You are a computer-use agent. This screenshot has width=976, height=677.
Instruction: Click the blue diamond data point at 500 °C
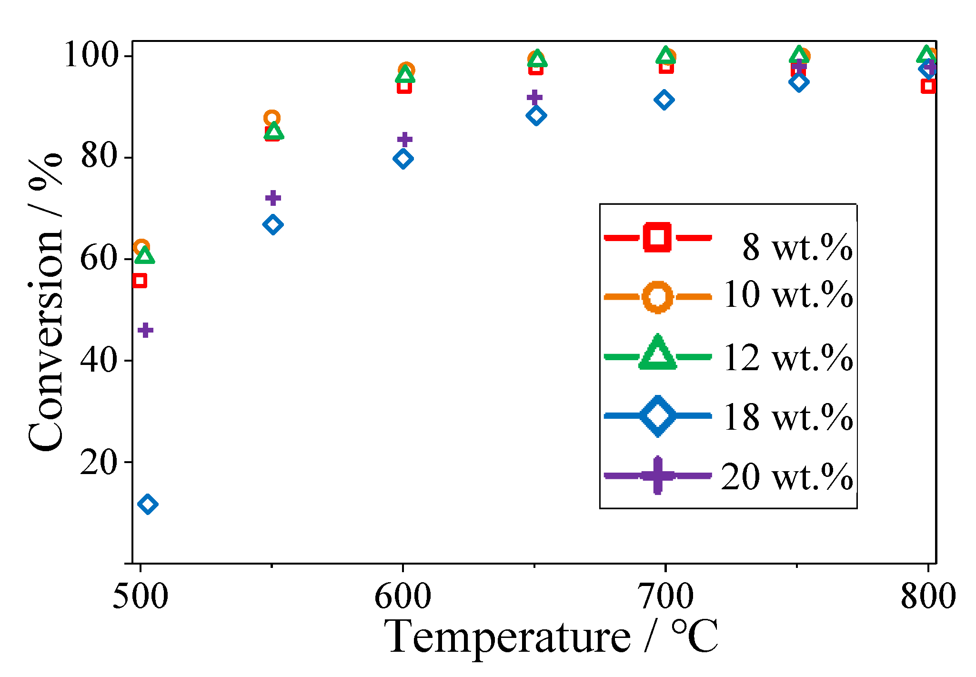[x=147, y=504]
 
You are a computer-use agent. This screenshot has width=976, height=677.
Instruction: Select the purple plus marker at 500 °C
[x=145, y=330]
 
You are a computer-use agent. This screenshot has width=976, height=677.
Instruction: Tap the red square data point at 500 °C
[x=139, y=281]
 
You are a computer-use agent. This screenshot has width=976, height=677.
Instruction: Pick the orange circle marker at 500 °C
[x=141, y=247]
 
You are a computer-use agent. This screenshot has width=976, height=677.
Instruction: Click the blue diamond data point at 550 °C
[x=272, y=224]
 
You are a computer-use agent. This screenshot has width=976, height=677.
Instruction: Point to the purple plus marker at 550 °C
[x=272, y=197]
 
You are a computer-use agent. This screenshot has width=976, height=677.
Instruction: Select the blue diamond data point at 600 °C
[x=403, y=159]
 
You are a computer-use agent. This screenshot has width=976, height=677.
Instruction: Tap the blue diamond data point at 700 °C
[x=664, y=100]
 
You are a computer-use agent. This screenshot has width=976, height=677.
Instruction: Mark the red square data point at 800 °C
[x=928, y=86]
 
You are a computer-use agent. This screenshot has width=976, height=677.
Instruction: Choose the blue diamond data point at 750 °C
[x=799, y=82]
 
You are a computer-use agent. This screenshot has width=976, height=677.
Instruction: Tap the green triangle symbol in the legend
[x=658, y=354]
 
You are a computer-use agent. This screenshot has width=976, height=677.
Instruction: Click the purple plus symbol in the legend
[x=658, y=475]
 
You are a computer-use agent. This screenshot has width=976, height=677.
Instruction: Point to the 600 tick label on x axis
[x=403, y=596]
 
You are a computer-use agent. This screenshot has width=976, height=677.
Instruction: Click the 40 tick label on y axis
[x=99, y=360]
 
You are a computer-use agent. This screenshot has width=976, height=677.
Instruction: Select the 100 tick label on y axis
[x=91, y=55]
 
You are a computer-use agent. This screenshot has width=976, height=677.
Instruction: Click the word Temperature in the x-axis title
[x=507, y=637]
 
